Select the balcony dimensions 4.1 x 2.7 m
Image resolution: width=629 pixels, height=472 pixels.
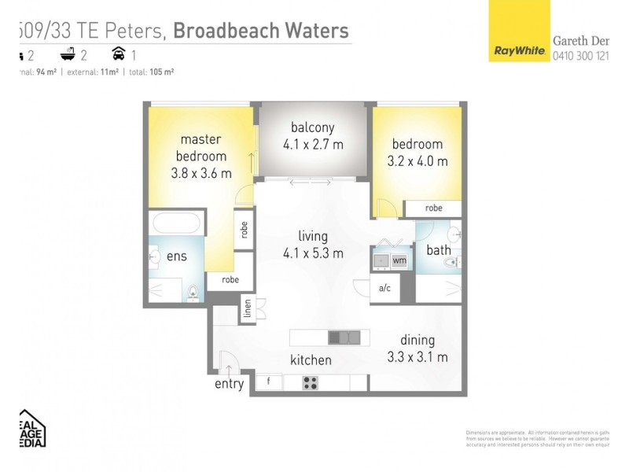pyautogui.click(x=313, y=145)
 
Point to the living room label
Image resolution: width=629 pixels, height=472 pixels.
pyautogui.click(x=313, y=236)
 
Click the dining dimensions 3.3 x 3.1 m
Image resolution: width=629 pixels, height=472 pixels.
pyautogui.click(x=417, y=357)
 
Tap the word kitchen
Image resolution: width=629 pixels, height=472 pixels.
pyautogui.click(x=311, y=360)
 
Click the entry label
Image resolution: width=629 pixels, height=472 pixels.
pyautogui.click(x=229, y=384)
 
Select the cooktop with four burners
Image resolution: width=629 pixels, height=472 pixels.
pyautogui.click(x=310, y=383)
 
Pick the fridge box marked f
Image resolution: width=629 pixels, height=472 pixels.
pyautogui.click(x=268, y=383)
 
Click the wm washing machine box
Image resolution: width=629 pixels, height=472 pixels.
pyautogui.click(x=399, y=260)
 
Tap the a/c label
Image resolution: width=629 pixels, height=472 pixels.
pyautogui.click(x=385, y=289)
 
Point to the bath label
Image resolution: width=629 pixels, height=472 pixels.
pyautogui.click(x=438, y=251)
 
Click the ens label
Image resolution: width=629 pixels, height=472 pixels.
pyautogui.click(x=176, y=256)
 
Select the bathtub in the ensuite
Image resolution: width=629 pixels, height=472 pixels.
pyautogui.click(x=178, y=222)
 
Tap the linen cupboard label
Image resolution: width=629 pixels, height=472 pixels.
pyautogui.click(x=247, y=309)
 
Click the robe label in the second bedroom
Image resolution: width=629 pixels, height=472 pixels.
pyautogui.click(x=433, y=209)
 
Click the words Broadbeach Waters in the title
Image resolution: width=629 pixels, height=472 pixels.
pyautogui.click(x=260, y=31)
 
